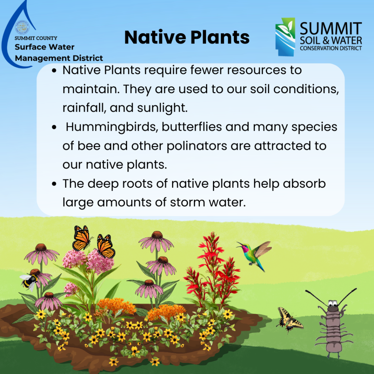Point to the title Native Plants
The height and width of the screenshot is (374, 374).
[187, 38]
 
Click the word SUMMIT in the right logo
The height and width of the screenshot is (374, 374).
[331, 28]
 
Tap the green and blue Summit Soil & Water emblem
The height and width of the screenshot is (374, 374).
[285, 37]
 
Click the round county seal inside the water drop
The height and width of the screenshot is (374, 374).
[22, 27]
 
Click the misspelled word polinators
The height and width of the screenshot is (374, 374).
[196, 146]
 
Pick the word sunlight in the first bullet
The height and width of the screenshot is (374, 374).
[162, 108]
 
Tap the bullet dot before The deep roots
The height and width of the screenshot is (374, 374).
[54, 184]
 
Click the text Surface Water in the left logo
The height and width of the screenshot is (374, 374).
[45, 47]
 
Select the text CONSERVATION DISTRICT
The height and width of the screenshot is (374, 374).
[331, 48]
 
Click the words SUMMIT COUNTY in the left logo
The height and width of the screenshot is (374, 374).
[36, 38]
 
